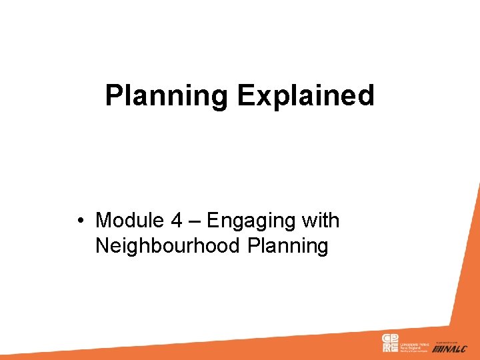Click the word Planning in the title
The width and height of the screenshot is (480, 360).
(x=167, y=95)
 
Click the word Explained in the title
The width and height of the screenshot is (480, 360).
(x=305, y=95)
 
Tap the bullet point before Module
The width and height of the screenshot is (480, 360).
(x=79, y=220)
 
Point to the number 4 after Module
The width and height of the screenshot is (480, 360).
(x=177, y=220)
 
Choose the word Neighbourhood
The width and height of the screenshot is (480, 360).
(x=167, y=246)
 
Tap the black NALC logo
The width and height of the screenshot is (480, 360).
(x=455, y=349)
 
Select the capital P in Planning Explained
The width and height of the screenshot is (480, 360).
(x=113, y=95)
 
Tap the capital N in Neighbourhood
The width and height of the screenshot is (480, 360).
(x=102, y=246)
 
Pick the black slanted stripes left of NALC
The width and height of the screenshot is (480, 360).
(x=437, y=349)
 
